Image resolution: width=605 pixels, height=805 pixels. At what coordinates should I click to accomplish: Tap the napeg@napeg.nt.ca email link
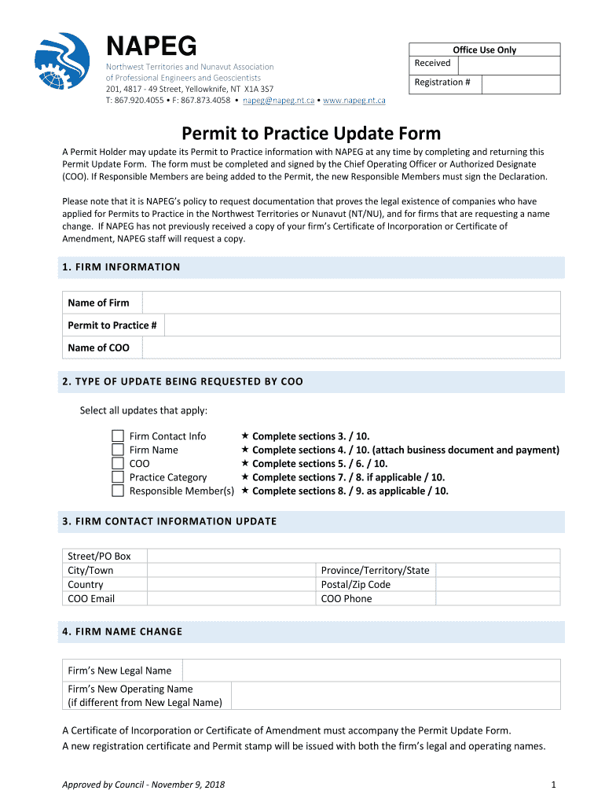pos(278,101)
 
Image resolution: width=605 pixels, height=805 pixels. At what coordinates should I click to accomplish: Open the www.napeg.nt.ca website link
pos(354,101)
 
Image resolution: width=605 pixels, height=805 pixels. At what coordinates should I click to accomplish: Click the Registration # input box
pos(520,83)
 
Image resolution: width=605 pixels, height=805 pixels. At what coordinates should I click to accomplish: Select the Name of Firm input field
pos(350,303)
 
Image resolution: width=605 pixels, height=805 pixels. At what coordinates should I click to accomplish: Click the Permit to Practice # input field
pos(361,325)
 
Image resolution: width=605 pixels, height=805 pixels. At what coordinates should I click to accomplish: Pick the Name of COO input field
pos(350,347)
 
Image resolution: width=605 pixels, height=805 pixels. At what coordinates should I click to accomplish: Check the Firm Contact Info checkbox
pos(118,436)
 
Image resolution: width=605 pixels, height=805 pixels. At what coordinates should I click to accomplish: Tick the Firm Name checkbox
pos(118,450)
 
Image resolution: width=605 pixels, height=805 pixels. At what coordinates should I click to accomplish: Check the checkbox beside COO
pos(118,464)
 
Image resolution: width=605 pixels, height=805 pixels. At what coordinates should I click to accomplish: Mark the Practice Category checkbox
pos(118,477)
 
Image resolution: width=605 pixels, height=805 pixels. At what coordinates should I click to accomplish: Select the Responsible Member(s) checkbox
pos(118,491)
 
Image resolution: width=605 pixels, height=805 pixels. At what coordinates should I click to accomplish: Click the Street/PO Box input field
pos(354,556)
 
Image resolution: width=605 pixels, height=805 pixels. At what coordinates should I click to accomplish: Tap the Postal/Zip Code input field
pos(498,584)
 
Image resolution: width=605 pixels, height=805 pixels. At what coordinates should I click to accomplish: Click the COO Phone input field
pos(498,598)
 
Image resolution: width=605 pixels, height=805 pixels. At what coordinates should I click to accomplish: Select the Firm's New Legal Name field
pos(371,671)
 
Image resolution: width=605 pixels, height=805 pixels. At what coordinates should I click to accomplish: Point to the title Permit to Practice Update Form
pos(312,133)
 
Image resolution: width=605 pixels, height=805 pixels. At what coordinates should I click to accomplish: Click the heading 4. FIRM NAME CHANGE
pos(122,631)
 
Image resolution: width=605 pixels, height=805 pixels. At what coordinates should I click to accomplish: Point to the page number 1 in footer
pos(554,785)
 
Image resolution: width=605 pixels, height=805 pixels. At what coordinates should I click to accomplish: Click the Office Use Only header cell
pos(484,50)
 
